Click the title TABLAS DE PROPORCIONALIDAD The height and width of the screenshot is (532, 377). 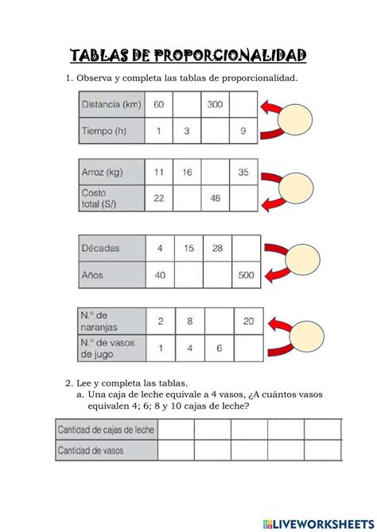point(188,55)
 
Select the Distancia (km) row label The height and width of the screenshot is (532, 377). point(111,104)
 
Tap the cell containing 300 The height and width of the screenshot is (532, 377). point(216,104)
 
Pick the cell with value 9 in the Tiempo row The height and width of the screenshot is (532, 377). point(243,130)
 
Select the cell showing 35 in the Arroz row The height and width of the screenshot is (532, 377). point(243,172)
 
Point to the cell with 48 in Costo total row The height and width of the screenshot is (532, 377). point(216,198)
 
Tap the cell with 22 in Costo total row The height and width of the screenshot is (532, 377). point(159,198)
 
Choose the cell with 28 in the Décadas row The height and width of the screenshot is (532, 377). point(216,248)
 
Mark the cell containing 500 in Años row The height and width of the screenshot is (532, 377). point(243,275)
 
